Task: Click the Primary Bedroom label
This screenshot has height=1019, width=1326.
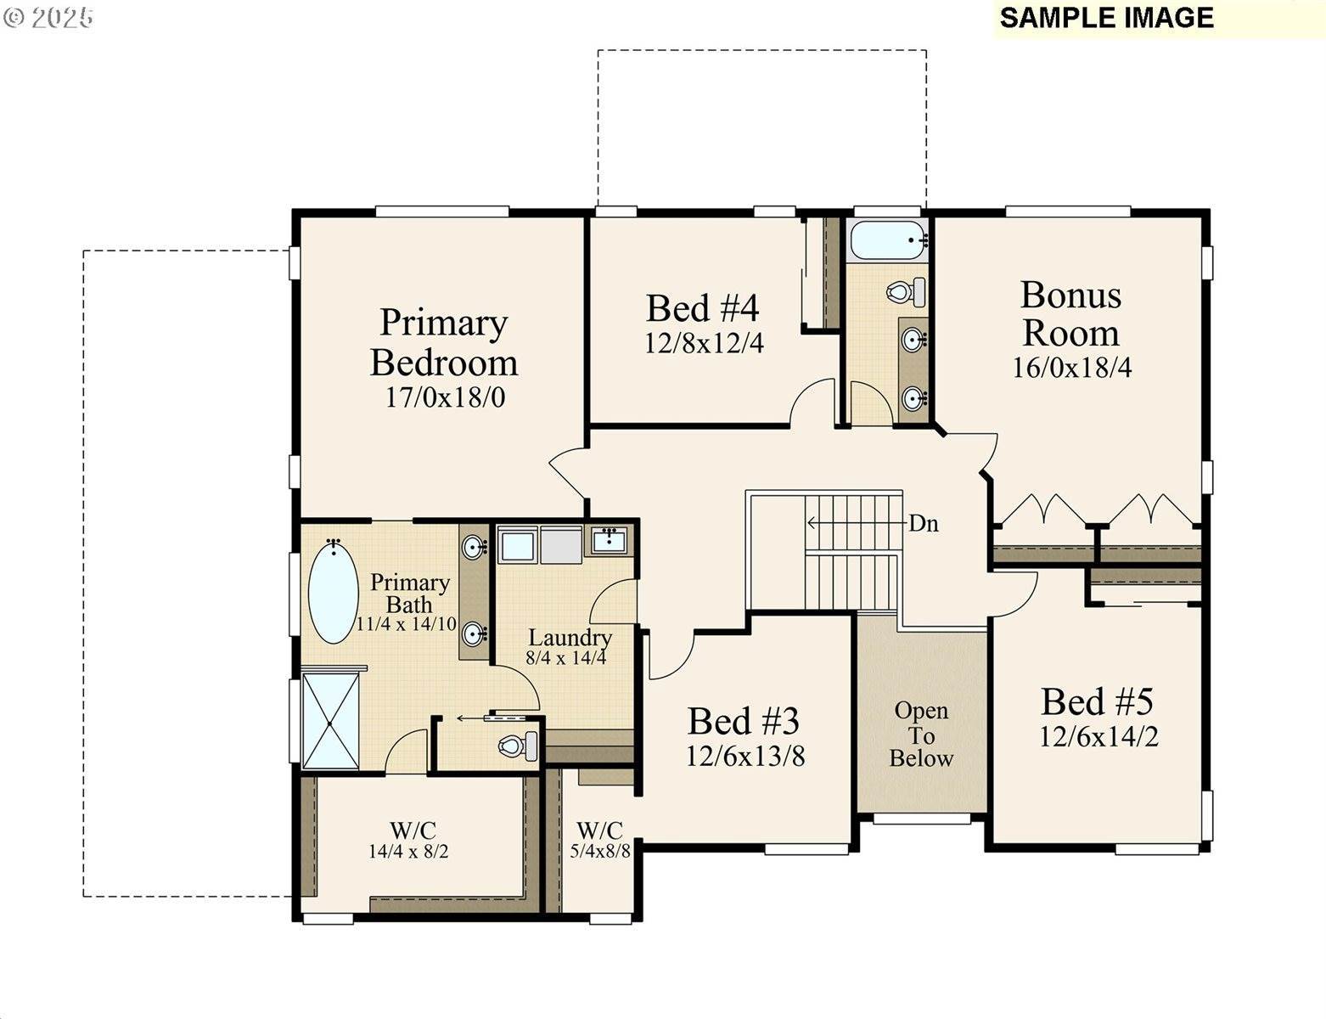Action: coord(444,342)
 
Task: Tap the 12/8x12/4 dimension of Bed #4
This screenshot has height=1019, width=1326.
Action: coord(704,343)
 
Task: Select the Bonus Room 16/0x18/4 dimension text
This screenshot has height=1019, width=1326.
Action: coord(1071,368)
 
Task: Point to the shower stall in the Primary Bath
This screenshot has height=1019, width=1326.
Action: coord(330,721)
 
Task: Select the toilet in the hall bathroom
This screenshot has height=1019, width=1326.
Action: coord(904,292)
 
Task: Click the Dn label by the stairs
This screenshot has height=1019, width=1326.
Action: coord(924,524)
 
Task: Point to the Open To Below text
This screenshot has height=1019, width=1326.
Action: coord(921,735)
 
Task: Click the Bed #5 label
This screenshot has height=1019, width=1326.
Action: coord(1097,702)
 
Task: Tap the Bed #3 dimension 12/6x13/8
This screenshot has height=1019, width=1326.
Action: coord(744,756)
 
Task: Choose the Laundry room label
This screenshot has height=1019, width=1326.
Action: coord(570,638)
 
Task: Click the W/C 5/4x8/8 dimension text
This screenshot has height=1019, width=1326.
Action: coord(600,851)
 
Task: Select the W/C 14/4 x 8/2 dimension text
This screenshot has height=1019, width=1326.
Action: coord(408,851)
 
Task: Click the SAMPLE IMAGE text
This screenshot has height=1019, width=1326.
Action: coord(1106,18)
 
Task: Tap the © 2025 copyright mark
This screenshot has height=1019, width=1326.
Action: coord(48,18)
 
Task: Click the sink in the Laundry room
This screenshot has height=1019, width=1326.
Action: coord(609,539)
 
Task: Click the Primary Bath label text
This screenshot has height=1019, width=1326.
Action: coord(409,593)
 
